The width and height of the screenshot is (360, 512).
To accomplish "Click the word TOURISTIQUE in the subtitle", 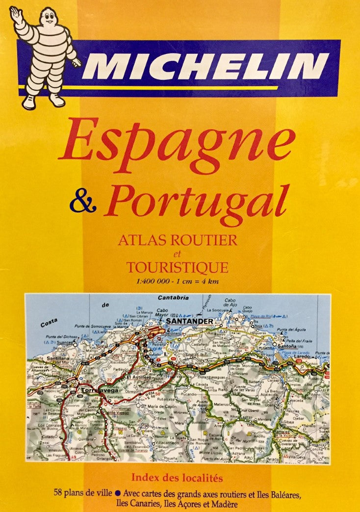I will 177,268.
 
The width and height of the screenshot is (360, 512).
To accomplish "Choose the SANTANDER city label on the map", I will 189,322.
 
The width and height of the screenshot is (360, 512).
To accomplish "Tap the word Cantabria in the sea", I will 169,298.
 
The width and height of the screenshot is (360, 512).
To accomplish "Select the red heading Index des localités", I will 177,477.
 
